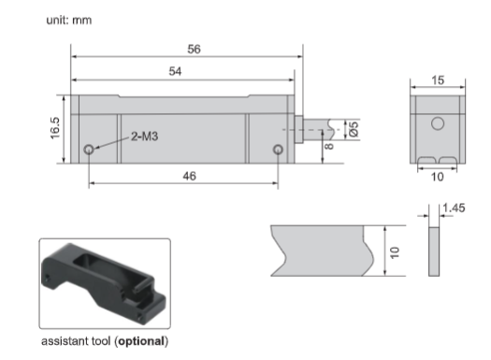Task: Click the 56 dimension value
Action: click(x=194, y=50)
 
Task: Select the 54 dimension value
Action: click(x=175, y=71)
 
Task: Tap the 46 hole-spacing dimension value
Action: click(x=190, y=176)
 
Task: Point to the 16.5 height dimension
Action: click(x=54, y=128)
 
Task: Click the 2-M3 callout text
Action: click(x=144, y=137)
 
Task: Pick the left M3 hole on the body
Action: click(x=89, y=150)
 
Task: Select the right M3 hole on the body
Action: click(x=278, y=150)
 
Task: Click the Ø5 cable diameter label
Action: click(x=354, y=129)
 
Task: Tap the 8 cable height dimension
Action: click(x=329, y=146)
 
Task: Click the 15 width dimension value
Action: click(x=438, y=80)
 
